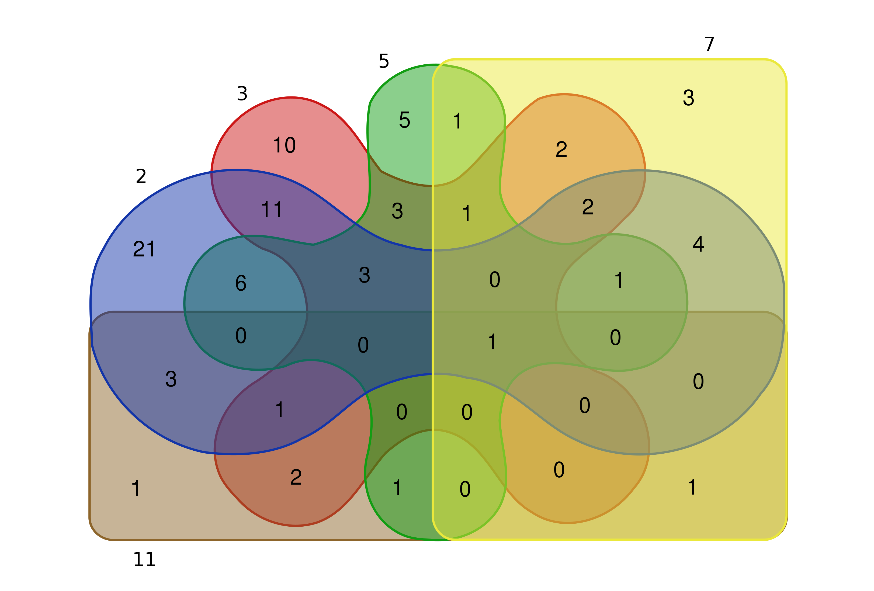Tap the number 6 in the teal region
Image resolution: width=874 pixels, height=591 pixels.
[241, 283]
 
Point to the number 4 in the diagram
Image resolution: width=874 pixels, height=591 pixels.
[698, 244]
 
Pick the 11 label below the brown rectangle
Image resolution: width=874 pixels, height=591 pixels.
[144, 559]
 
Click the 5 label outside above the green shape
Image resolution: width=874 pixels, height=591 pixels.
[384, 61]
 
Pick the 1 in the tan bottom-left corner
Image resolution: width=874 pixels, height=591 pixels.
[136, 488]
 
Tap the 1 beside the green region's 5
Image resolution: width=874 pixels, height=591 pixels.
[457, 121]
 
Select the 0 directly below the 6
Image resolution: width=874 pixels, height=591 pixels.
[241, 336]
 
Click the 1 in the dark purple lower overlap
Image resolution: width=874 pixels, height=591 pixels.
[279, 410]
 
